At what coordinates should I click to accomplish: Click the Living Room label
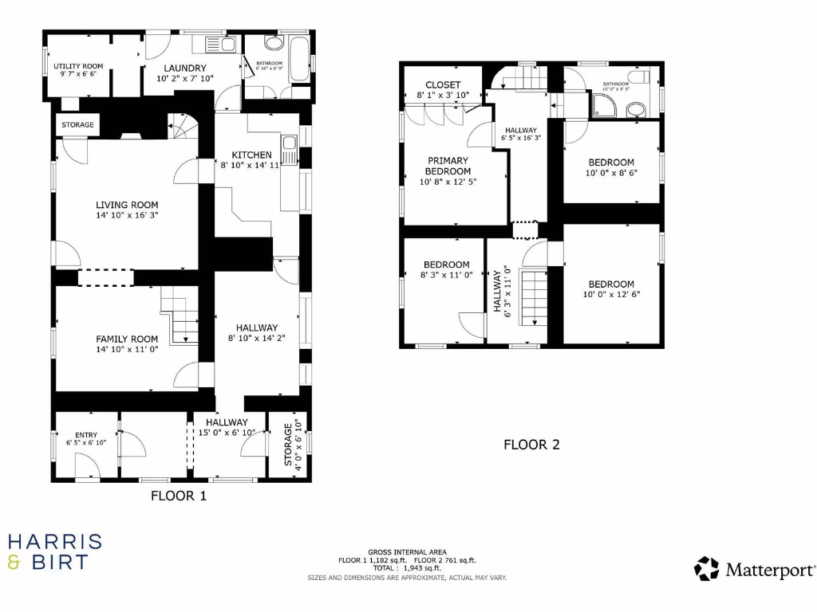point(127,204)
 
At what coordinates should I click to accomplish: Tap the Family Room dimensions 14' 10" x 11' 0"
point(127,349)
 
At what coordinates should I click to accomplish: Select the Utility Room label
point(78,65)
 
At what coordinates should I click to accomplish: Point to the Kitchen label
point(251,155)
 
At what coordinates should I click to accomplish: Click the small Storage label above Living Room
point(78,125)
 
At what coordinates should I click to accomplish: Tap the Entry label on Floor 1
point(86,434)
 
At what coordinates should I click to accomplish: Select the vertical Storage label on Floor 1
point(289,443)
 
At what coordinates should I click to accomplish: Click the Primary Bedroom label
point(447,166)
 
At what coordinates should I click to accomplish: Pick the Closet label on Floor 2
point(443,84)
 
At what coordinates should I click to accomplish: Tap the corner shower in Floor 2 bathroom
point(604,104)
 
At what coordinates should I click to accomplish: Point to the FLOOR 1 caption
point(179,496)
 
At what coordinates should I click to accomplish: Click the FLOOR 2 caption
point(531,445)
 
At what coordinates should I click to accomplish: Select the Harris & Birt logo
point(54,552)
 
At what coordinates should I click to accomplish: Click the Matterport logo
point(755,569)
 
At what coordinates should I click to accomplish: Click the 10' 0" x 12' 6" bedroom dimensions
point(611,294)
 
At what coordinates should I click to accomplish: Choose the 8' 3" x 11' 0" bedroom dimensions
point(446,274)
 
